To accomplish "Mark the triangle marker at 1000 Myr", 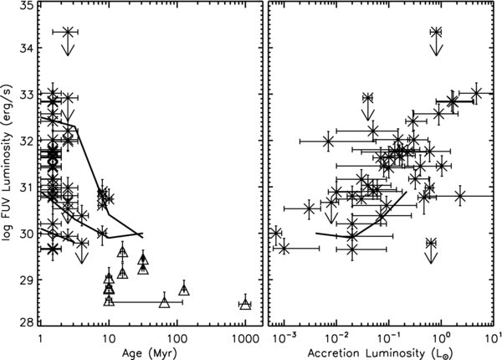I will (x=245, y=304).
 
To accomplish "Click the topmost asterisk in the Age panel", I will (x=69, y=32).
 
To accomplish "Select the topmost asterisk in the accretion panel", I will (x=436, y=32).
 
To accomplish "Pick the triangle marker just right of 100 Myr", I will (x=184, y=291).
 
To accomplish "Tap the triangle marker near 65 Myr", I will (x=164, y=301).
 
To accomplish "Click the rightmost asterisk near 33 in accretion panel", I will (x=476, y=92).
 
